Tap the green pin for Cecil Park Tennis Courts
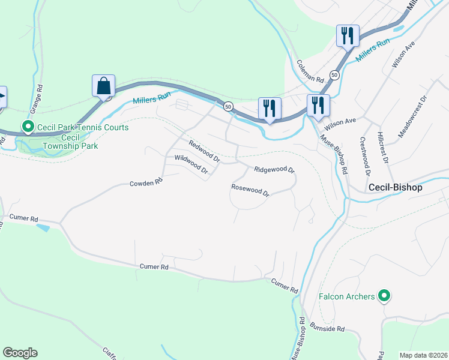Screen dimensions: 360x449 27,127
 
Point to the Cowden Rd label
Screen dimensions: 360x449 146,181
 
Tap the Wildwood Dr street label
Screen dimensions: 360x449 191,165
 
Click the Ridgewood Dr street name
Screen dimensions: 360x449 274,170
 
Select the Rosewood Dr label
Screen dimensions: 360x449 251,190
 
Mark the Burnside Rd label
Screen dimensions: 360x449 328,328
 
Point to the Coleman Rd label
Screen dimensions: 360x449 310,71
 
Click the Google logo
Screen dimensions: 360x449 20,353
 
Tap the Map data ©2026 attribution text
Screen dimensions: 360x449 424,355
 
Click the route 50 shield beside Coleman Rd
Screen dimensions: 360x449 334,75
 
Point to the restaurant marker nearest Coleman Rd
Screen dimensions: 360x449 347,36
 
